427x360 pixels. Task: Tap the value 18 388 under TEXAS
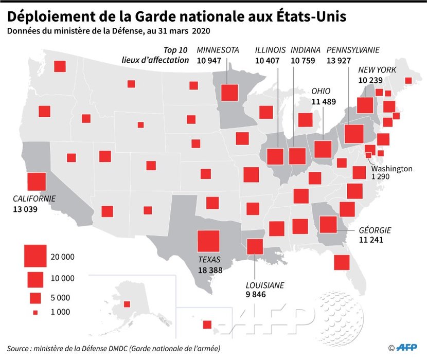coord(211,270)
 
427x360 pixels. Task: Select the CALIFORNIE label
coord(35,199)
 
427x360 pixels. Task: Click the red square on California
coord(37,182)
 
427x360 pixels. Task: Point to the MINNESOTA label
coord(218,50)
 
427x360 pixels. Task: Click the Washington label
coord(392,168)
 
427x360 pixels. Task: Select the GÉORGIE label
coord(375,230)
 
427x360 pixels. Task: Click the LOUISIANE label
coord(265,285)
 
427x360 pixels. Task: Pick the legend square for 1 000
coord(35,312)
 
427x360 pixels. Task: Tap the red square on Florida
coord(342,262)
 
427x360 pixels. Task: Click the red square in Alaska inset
coord(127,304)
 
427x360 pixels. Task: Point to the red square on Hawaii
coord(207,325)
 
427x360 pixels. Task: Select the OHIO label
coord(321,91)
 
